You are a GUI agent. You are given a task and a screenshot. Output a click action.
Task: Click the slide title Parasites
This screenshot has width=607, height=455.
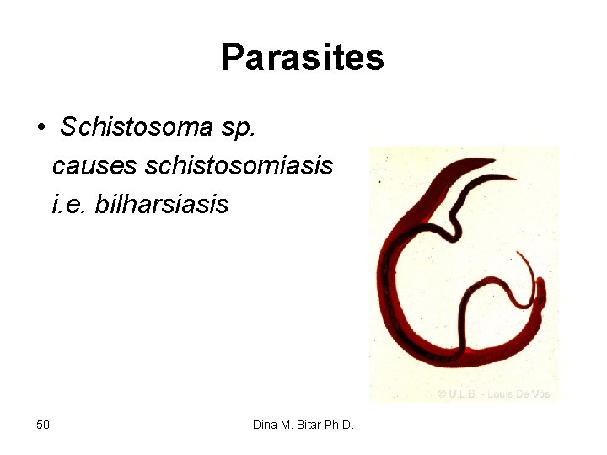[x=303, y=58]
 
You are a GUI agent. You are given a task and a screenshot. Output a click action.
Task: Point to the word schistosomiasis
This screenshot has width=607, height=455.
[x=239, y=165]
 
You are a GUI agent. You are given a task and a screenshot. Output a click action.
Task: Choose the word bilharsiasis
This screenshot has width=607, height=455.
[x=162, y=203]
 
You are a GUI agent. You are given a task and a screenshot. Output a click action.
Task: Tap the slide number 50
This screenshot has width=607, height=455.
[x=43, y=424]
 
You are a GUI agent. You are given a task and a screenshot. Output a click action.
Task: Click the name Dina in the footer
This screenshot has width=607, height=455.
[x=266, y=424]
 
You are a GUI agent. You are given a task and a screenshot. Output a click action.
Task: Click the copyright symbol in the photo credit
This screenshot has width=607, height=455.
[x=441, y=393]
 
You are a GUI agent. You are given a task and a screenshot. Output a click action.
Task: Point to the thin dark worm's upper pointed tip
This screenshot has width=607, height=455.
[x=514, y=177]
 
